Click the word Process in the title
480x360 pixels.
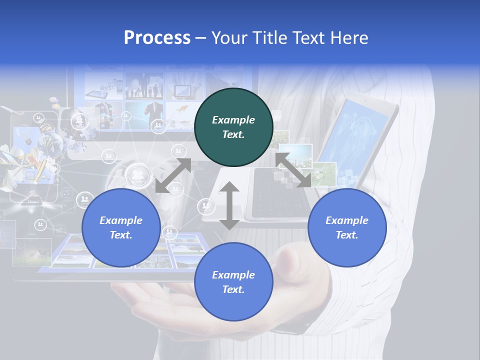point(157,37)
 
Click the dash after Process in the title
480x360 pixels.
point(201,38)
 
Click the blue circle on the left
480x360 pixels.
point(121,227)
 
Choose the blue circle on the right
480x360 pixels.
point(347,227)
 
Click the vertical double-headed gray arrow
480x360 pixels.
point(229,206)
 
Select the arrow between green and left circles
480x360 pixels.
point(173,175)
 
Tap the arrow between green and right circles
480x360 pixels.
point(293,170)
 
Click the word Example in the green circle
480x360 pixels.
point(233,120)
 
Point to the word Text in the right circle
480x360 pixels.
point(347,235)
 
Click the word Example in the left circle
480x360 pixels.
point(121,220)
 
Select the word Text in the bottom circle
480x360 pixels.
point(233,289)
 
